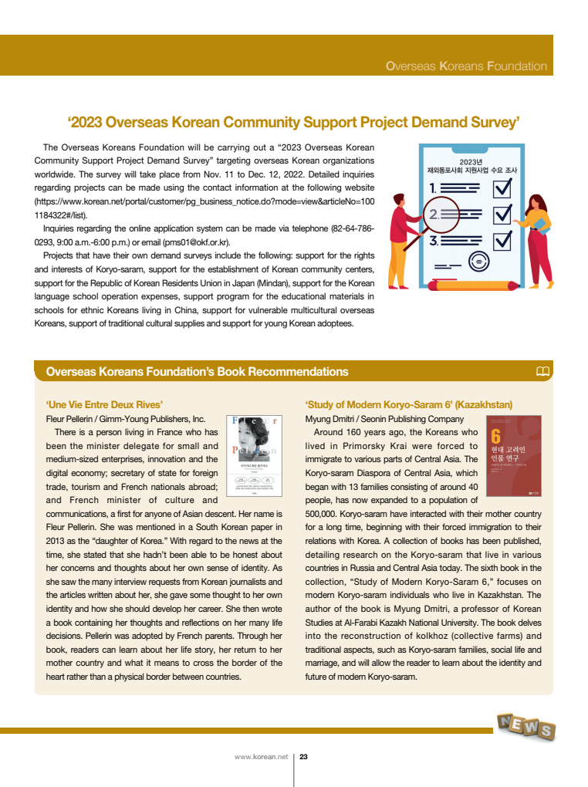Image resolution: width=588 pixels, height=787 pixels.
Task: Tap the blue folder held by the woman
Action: tap(542, 225)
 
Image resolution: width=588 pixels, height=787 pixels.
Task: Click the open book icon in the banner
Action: tap(542, 372)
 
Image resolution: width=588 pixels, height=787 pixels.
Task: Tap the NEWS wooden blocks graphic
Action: tap(526, 726)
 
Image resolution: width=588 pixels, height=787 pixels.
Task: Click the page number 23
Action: tap(303, 757)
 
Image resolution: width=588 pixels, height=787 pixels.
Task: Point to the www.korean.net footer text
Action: tap(261, 757)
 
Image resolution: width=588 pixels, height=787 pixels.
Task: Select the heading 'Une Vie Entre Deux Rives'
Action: tap(105, 404)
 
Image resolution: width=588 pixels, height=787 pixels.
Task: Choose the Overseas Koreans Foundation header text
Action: tap(466, 66)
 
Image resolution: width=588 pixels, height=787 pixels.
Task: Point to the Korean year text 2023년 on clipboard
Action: tap(470, 161)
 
